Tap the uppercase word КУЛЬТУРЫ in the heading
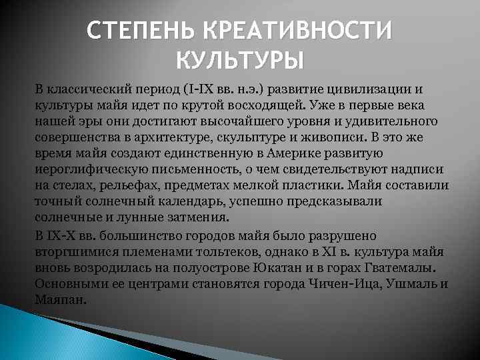(x=240, y=61)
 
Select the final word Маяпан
(x=60, y=300)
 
